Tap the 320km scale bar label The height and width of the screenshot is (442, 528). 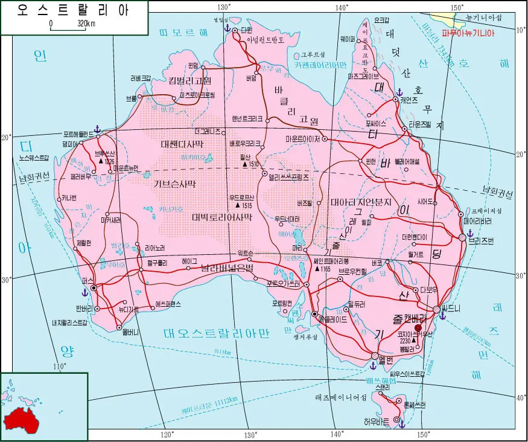[86, 24]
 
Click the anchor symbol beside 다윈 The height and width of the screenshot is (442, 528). [227, 28]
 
